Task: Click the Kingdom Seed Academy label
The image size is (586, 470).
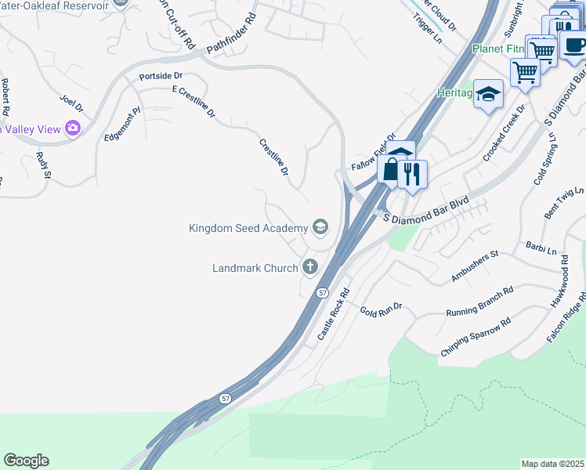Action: coord(249,228)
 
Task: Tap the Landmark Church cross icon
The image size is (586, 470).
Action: coord(310,268)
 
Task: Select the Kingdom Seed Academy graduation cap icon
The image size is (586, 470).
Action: coord(320,228)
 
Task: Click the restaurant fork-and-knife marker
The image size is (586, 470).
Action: coord(411,173)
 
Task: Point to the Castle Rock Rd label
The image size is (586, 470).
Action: coord(332,313)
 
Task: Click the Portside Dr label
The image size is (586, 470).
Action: coord(160,76)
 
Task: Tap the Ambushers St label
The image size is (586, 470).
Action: coord(475,266)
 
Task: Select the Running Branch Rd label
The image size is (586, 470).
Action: coord(479,302)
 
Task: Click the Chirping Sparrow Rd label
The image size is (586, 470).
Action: coord(476,337)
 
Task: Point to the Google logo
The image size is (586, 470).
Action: coord(26,461)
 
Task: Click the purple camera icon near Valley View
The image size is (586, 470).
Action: coord(73,128)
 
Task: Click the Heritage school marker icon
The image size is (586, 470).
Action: coord(488,95)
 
